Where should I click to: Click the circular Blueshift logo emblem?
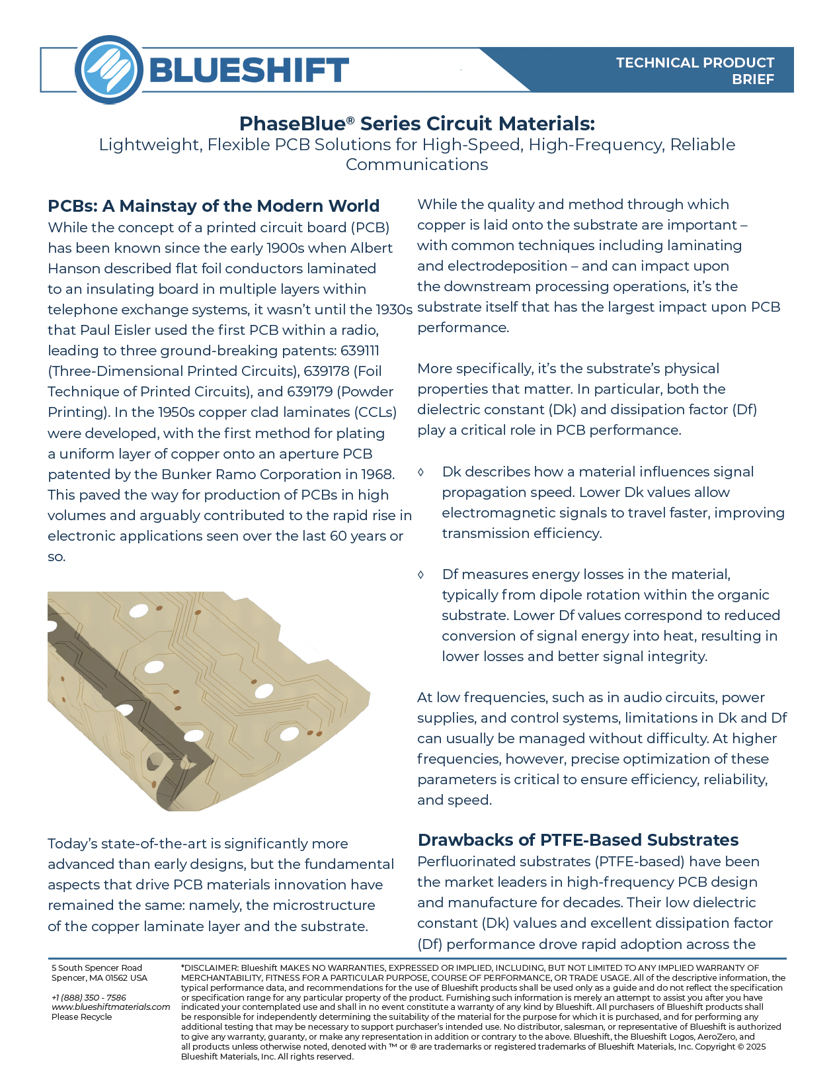[109, 69]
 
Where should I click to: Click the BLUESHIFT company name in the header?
[249, 70]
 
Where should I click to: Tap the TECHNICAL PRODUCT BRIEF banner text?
[695, 71]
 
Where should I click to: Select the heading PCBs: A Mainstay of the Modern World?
[214, 206]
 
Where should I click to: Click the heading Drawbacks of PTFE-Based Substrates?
[578, 840]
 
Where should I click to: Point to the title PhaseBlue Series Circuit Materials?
[416, 124]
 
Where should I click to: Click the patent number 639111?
[360, 351]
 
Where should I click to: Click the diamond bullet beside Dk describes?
[421, 472]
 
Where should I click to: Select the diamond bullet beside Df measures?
[421, 574]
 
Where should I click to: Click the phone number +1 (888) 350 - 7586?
[89, 997]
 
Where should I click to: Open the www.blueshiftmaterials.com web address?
[110, 1007]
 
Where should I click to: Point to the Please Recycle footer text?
[82, 1017]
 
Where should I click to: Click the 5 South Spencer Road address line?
[97, 968]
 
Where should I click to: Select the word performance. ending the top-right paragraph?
[463, 328]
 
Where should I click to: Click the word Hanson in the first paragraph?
[75, 269]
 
